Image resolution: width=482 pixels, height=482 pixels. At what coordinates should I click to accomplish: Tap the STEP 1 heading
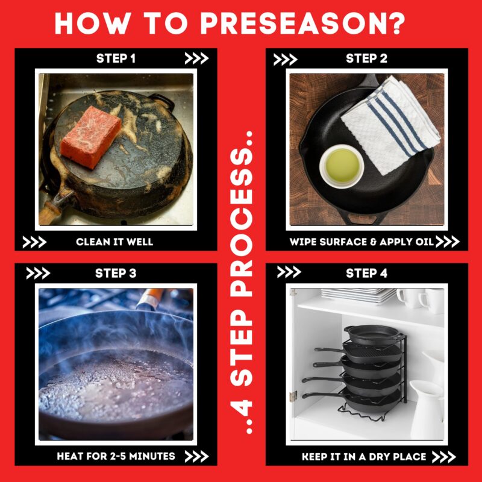tap(116, 58)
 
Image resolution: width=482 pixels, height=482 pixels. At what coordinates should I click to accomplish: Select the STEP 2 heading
tap(366, 58)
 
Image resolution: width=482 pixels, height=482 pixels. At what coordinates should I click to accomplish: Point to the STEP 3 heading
tap(116, 274)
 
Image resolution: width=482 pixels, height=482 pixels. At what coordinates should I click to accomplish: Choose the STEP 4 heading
tap(366, 274)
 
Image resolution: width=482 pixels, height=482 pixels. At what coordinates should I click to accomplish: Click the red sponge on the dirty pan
tap(91, 137)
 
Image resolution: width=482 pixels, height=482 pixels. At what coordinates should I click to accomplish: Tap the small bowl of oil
tap(342, 166)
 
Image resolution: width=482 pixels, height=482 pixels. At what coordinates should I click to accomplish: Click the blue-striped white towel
tap(391, 125)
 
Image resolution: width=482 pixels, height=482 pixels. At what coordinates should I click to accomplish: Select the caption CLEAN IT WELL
tap(114, 242)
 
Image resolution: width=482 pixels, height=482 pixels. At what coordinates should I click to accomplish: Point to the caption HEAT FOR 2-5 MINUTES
tap(116, 456)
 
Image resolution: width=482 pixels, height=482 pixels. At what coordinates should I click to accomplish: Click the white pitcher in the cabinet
tap(427, 409)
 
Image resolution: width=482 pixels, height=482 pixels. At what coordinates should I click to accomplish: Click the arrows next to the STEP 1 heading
tap(196, 58)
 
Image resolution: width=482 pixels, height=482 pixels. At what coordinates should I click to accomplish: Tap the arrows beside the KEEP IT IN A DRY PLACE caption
tap(443, 457)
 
